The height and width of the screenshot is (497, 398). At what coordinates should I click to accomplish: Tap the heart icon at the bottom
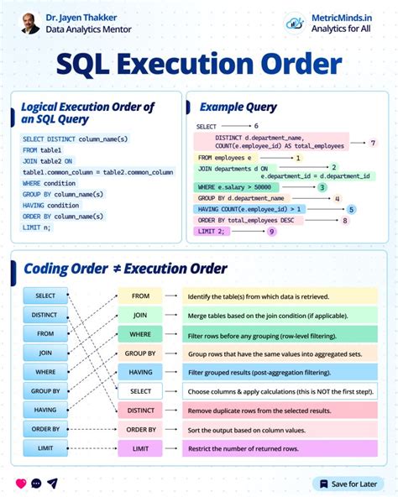(x=21, y=484)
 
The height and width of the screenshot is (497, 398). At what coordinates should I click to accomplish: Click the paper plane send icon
(x=52, y=484)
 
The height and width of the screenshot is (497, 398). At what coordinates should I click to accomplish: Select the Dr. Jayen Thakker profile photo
(x=31, y=23)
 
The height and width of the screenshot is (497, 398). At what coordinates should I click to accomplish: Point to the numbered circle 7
(x=373, y=144)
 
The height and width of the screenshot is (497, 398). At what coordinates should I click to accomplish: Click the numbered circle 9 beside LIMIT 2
(x=271, y=231)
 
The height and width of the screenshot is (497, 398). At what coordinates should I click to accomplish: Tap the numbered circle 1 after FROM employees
(x=298, y=157)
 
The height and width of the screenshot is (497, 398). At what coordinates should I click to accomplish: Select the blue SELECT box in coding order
(x=45, y=296)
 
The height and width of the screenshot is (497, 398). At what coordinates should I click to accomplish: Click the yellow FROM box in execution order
(x=140, y=296)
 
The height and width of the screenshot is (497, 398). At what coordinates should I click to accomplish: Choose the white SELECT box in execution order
(x=140, y=391)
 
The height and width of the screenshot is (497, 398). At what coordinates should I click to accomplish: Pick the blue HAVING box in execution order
(x=140, y=372)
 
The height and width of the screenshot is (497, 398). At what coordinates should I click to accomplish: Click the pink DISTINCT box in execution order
(x=140, y=411)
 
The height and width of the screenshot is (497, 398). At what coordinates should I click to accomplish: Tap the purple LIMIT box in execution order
(x=140, y=449)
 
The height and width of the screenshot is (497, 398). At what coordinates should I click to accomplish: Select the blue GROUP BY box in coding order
(x=45, y=391)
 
